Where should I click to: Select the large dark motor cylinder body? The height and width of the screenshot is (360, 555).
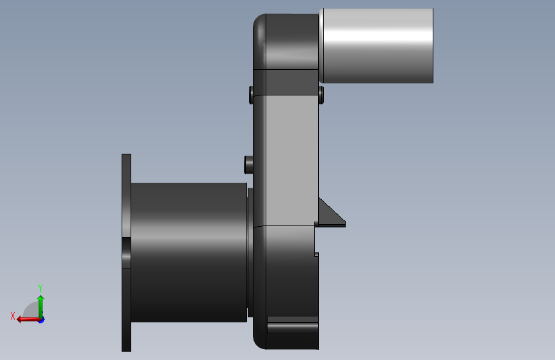(189, 252)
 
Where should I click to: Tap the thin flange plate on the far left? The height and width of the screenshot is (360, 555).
(126, 252)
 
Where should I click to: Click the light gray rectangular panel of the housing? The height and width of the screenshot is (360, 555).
(292, 160)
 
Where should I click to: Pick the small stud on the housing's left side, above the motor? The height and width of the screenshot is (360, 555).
(248, 165)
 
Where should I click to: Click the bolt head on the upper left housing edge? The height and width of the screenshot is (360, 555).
(251, 95)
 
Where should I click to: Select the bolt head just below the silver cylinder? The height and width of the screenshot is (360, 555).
(321, 95)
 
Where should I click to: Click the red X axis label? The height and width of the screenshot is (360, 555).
(13, 316)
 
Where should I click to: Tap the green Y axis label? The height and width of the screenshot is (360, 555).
(40, 288)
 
